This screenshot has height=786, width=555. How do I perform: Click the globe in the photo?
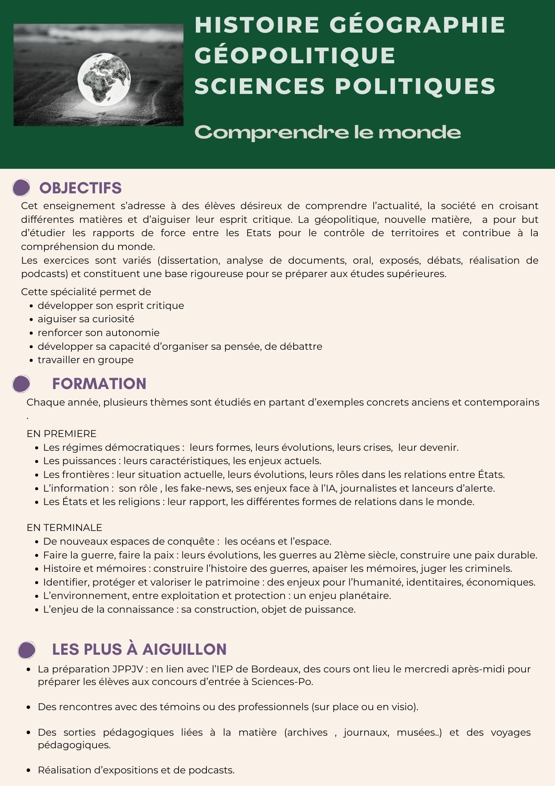(104, 79)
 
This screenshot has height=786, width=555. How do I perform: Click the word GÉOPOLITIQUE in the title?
(295, 55)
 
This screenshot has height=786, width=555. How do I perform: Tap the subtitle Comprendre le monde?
(327, 132)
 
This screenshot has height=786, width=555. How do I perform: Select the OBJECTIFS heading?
(80, 188)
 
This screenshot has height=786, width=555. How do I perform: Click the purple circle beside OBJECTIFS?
(21, 187)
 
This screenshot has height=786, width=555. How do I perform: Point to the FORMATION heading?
(99, 384)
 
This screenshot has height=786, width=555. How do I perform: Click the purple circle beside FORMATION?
(21, 384)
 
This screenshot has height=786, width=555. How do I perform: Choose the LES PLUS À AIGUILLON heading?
(139, 649)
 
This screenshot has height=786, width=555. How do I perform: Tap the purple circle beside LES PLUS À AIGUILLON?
(27, 650)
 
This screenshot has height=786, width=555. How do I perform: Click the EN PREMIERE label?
(61, 433)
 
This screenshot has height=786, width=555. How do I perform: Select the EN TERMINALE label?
(64, 527)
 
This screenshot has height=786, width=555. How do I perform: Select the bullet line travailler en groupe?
(86, 360)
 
